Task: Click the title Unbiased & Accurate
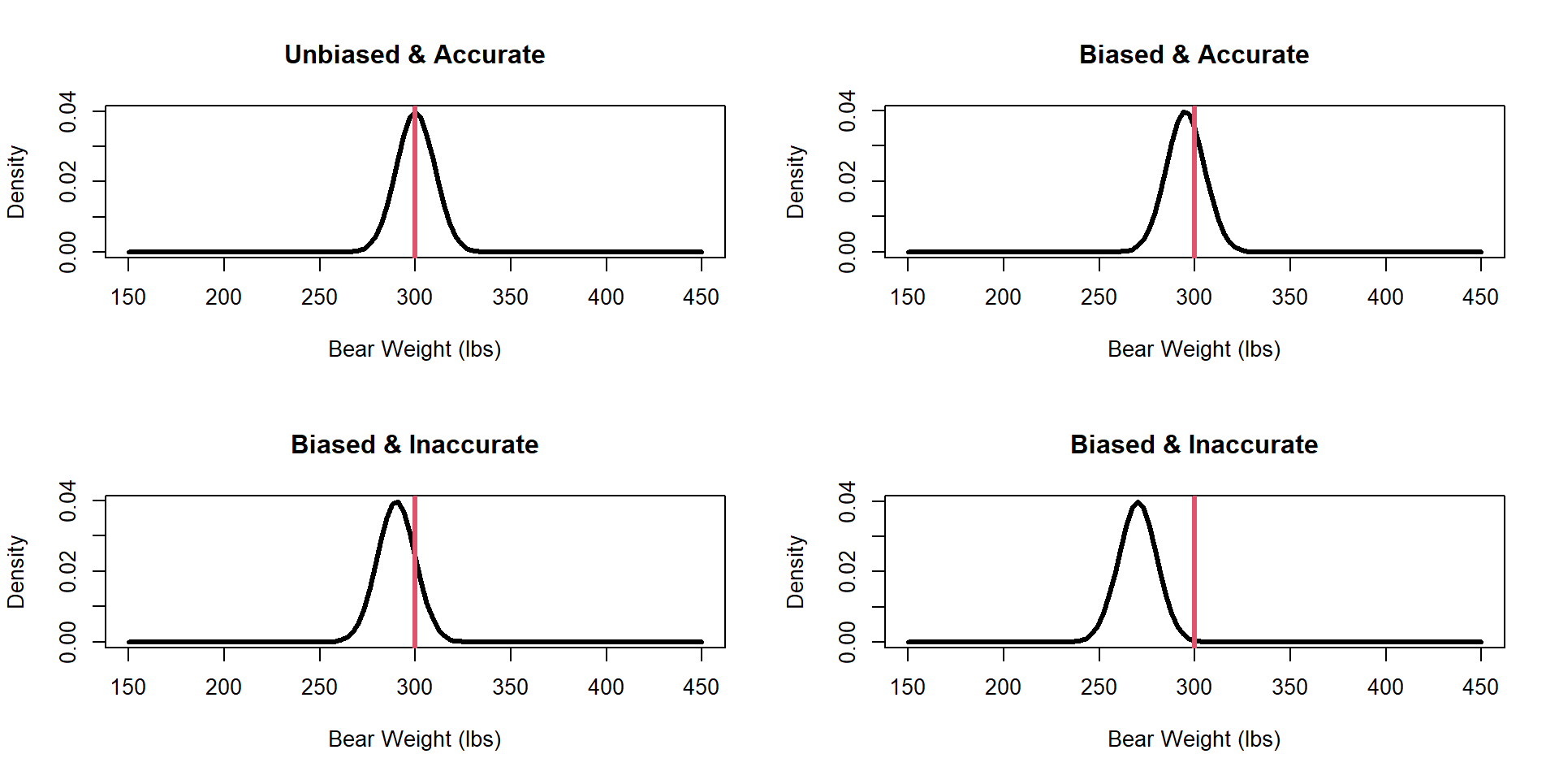pos(414,54)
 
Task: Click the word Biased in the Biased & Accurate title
pos(1121,54)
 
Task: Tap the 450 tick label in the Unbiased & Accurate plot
pos(701,297)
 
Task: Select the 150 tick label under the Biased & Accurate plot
pos(907,297)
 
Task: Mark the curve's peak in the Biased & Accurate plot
pos(1185,112)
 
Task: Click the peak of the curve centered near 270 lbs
pos(1138,502)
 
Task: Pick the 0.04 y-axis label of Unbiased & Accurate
pos(68,110)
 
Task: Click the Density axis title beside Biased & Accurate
pos(795,181)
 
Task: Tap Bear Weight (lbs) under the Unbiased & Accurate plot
pos(414,349)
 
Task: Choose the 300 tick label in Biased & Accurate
pos(1194,297)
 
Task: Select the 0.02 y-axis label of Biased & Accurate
pos(848,181)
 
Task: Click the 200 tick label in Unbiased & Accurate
pos(223,297)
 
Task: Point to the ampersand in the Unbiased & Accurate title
pos(417,54)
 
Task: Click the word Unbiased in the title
pos(342,54)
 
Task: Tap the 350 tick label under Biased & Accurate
pos(1289,297)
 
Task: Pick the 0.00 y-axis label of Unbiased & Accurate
pos(68,252)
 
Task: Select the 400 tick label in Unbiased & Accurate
pos(606,297)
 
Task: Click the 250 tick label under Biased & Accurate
pos(1099,297)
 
